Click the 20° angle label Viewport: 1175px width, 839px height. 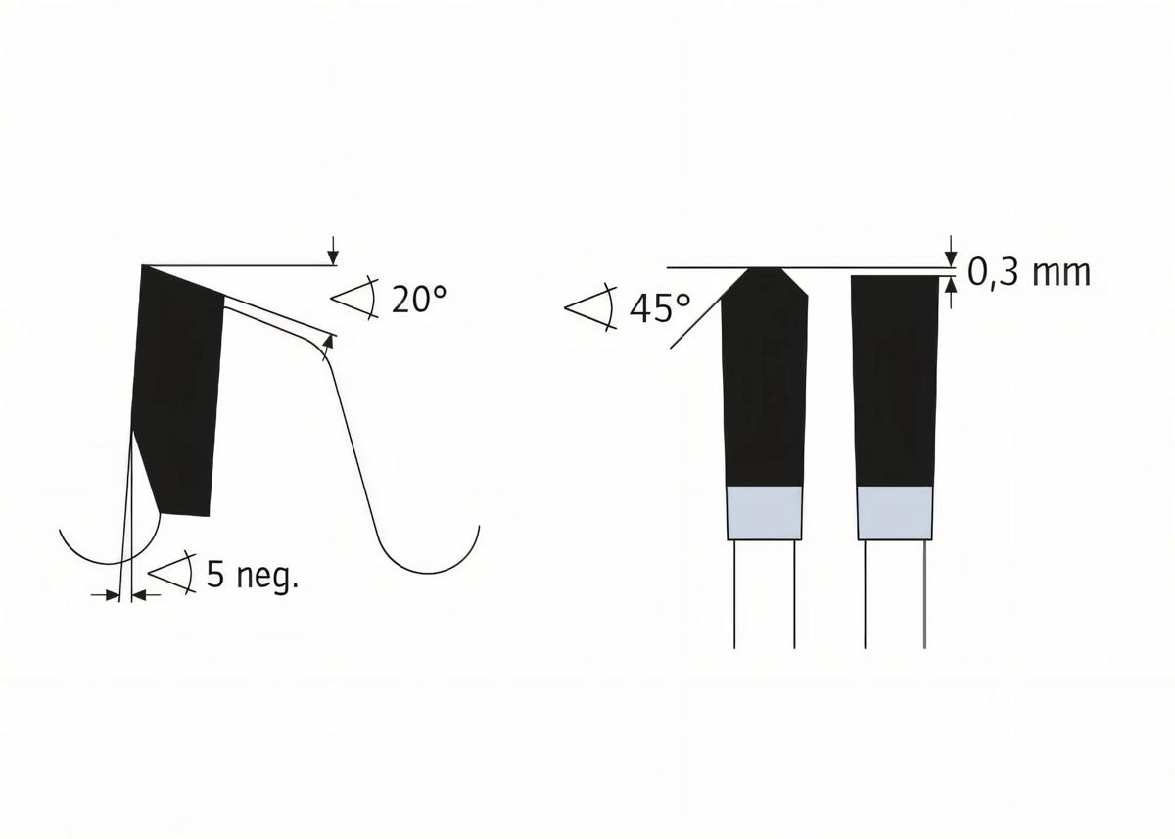[418, 299]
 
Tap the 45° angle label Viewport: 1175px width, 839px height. [659, 308]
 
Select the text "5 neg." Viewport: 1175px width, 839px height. [252, 576]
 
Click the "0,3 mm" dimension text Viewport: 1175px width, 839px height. [1028, 272]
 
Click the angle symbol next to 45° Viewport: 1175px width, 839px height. [589, 307]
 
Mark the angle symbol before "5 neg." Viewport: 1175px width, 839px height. [172, 574]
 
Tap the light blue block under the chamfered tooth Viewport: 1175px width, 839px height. [764, 512]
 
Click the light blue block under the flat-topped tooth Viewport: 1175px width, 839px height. [895, 512]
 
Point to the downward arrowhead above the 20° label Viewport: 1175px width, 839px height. [333, 257]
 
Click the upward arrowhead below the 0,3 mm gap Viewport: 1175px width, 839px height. [950, 284]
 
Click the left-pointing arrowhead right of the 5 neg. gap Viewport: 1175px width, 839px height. [137, 594]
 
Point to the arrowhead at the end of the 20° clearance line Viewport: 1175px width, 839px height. [329, 343]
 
